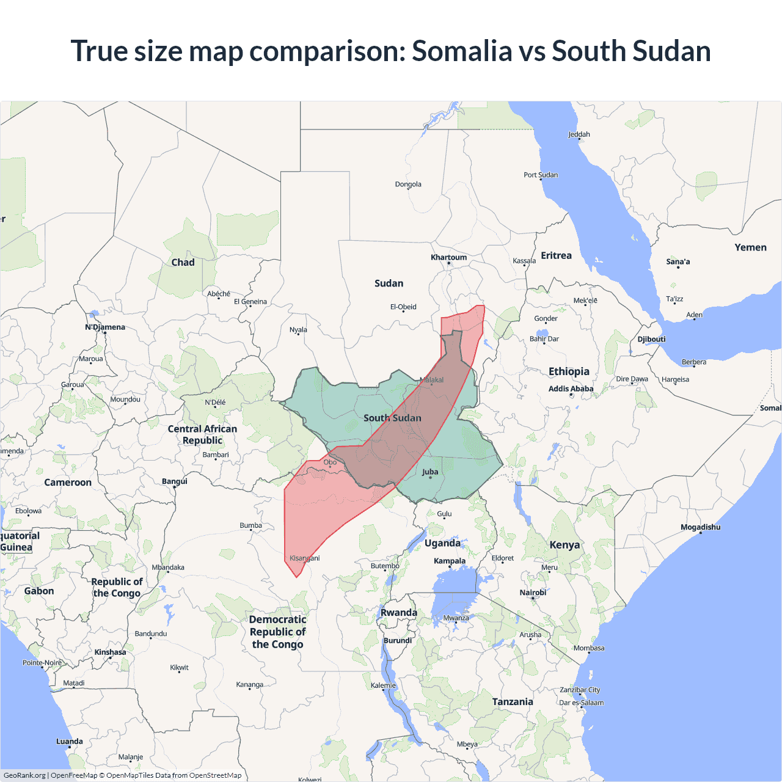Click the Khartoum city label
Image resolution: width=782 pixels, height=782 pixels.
(x=448, y=257)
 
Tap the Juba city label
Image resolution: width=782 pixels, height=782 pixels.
(x=430, y=472)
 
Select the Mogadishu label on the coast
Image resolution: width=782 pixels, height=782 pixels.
(x=700, y=527)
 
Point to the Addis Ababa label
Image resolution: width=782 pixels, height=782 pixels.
(x=571, y=389)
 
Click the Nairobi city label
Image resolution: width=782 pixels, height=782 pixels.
(x=533, y=593)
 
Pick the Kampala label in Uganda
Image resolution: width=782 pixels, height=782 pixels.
(x=450, y=561)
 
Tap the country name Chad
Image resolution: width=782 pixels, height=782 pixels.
(x=183, y=262)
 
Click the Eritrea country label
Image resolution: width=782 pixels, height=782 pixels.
(x=556, y=255)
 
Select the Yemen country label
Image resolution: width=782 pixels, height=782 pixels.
(x=750, y=247)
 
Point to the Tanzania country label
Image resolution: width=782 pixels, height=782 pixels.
(x=513, y=702)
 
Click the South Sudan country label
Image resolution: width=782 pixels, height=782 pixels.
(x=392, y=418)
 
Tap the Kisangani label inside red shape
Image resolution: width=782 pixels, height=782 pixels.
(x=304, y=558)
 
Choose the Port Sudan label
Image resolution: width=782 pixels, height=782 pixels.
(x=541, y=175)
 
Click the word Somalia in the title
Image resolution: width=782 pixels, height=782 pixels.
(x=462, y=51)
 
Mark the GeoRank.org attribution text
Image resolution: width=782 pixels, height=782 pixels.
(x=24, y=775)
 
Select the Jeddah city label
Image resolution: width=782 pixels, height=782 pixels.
(x=579, y=134)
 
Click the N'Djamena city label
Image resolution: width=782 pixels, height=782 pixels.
(x=105, y=327)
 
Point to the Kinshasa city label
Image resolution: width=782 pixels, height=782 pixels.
(x=110, y=652)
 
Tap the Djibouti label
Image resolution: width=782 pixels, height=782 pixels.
(x=651, y=339)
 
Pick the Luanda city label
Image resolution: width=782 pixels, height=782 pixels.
(x=70, y=741)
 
